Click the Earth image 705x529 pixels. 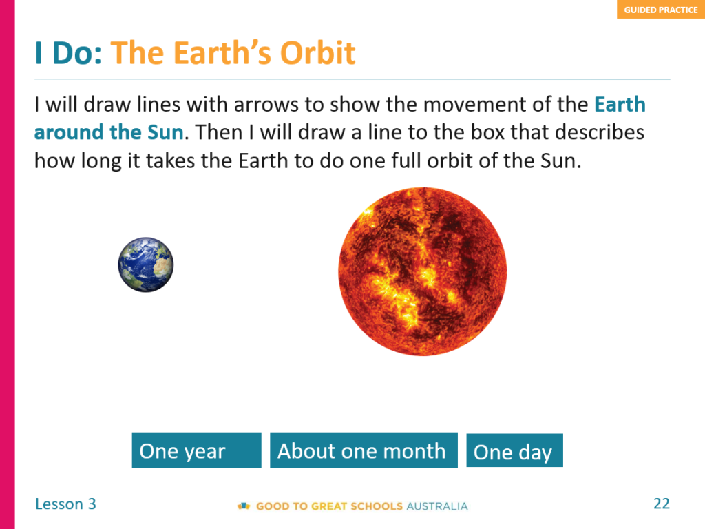[146, 264]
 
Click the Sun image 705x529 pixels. [422, 271]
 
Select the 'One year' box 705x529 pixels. [196, 450]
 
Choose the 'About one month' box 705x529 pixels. [364, 450]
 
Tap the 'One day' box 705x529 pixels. [514, 450]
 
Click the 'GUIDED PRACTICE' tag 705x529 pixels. [660, 10]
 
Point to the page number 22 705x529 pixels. [662, 504]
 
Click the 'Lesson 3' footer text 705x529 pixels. [65, 504]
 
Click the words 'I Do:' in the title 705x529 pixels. [68, 53]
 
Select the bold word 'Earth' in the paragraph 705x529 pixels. [620, 105]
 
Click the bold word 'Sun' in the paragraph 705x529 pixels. [165, 132]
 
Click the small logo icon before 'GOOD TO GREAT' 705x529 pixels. [244, 506]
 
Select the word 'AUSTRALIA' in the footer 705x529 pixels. [437, 506]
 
